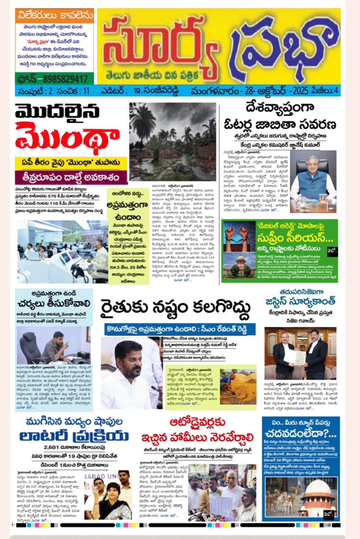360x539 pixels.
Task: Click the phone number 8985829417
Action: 65,79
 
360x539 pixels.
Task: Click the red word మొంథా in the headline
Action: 67,137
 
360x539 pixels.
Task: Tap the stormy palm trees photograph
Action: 172,142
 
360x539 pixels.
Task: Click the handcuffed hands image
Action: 239,236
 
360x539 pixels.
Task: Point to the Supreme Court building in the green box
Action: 239,266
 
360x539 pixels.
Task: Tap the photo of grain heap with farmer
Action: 238,387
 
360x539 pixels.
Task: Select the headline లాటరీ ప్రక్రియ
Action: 74,436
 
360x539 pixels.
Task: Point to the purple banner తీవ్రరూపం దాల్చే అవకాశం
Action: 71,177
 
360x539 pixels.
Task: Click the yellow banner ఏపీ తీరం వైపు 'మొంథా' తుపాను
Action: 71,162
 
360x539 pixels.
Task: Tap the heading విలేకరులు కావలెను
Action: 55,16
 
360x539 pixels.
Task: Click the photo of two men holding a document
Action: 300,358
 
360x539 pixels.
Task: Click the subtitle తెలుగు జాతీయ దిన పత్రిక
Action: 152,75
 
